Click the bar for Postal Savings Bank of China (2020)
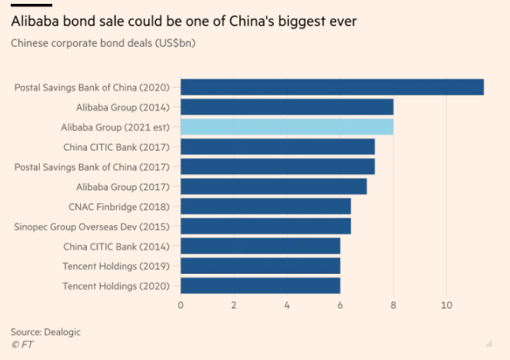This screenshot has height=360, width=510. (332, 87)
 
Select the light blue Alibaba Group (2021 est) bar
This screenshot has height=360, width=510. (286, 127)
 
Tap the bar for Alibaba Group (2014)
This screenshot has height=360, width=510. (286, 107)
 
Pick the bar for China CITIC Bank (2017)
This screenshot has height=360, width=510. (277, 146)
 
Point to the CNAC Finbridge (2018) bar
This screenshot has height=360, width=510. (265, 206)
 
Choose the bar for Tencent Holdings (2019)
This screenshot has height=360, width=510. (260, 266)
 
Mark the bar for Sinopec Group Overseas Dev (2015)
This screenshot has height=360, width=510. (265, 226)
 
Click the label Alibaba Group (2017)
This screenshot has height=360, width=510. (125, 187)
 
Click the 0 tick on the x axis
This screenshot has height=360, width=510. (180, 305)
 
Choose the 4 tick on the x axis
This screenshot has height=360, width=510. (287, 305)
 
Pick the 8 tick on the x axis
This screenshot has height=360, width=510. (393, 305)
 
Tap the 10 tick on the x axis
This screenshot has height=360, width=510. (446, 305)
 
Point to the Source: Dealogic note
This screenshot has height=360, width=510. (45, 332)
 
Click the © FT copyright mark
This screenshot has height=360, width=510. (22, 345)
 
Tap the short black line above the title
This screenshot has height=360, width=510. (31, 5)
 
